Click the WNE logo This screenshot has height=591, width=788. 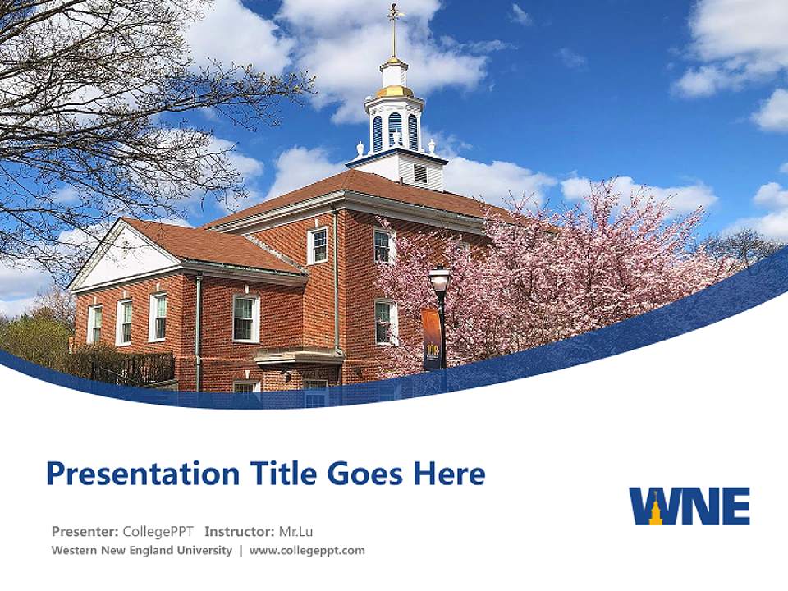(x=689, y=506)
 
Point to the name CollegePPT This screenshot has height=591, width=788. (x=158, y=531)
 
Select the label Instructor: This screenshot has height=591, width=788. (x=239, y=531)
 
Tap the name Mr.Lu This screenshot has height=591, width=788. (x=295, y=531)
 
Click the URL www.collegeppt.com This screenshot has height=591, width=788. (x=307, y=551)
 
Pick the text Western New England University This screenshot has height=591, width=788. (x=141, y=551)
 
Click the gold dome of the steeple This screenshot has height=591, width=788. (x=395, y=90)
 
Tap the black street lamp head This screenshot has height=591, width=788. (x=439, y=280)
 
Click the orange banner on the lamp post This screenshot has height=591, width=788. (x=431, y=339)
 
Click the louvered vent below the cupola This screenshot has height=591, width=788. (x=420, y=174)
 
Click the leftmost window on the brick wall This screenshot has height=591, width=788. (x=95, y=323)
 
